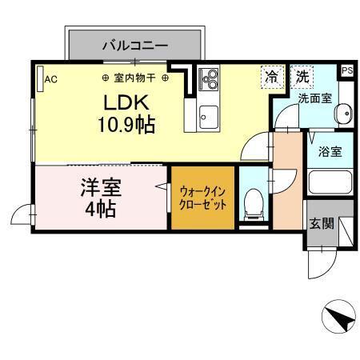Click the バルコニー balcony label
(x=134, y=46)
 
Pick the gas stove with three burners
(x=210, y=79)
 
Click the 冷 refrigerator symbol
(x=273, y=78)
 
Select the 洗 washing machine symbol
(x=302, y=78)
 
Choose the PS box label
(x=346, y=71)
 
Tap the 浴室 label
(x=330, y=151)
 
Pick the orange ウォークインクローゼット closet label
(x=203, y=198)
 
